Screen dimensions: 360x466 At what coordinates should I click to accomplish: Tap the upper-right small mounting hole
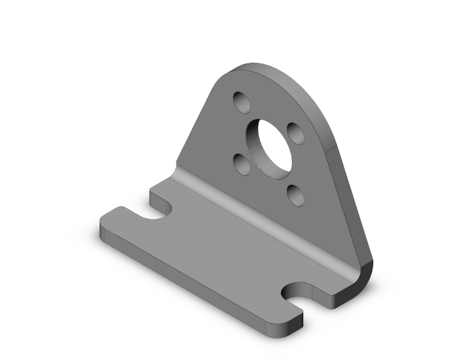pyautogui.click(x=295, y=133)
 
